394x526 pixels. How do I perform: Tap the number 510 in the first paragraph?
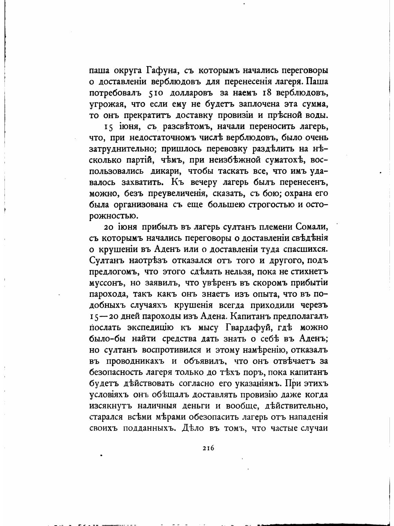click(x=159, y=93)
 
